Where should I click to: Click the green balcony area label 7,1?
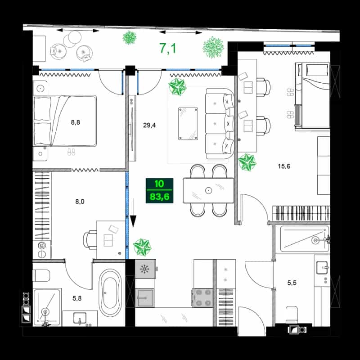pyautogui.click(x=168, y=49)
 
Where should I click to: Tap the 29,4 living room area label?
pyautogui.click(x=149, y=125)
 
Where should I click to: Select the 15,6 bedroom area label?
pyautogui.click(x=284, y=166)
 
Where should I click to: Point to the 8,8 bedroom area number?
pyautogui.click(x=75, y=122)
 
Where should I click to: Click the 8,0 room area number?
pyautogui.click(x=80, y=202)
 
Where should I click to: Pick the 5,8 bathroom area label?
pyautogui.click(x=77, y=298)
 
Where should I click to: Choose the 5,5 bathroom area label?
pyautogui.click(x=292, y=283)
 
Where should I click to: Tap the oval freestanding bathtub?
pyautogui.click(x=110, y=293)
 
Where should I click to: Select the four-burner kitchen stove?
pyautogui.click(x=202, y=298)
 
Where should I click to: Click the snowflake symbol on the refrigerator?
pyautogui.click(x=144, y=269)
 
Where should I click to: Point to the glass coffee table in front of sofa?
pyautogui.click(x=188, y=124)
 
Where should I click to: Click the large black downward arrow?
pyautogui.click(x=133, y=212)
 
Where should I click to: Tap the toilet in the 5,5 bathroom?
pyautogui.click(x=292, y=314)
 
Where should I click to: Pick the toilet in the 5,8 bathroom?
pyautogui.click(x=41, y=275)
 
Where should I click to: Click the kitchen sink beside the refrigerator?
pyautogui.click(x=144, y=298)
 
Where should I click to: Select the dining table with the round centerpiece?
pyautogui.click(x=208, y=190)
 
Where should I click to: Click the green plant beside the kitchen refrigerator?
pyautogui.click(x=142, y=247)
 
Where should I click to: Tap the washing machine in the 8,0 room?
pyautogui.click(x=42, y=250)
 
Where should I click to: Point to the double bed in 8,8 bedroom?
pyautogui.click(x=65, y=121)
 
